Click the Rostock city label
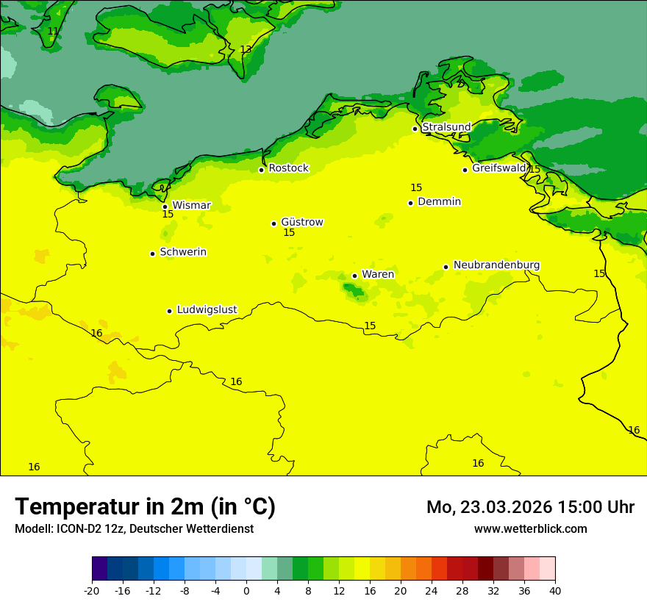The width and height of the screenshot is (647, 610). click(288, 168)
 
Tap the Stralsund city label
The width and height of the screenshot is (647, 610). click(446, 127)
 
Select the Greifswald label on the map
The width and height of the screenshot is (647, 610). click(498, 168)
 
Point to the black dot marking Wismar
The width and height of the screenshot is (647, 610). click(165, 207)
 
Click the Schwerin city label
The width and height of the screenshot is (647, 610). click(182, 252)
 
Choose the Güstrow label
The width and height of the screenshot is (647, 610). click(301, 222)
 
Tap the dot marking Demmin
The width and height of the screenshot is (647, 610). click(411, 203)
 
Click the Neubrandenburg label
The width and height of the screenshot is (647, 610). click(496, 265)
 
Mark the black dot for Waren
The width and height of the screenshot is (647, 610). click(355, 276)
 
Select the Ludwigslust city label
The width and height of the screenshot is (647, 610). click(207, 310)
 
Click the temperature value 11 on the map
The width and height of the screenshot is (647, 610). click(53, 32)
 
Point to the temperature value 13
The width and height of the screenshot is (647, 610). click(246, 50)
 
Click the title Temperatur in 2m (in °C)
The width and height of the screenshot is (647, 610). click(146, 507)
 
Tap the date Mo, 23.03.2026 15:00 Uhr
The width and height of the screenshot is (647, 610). click(530, 507)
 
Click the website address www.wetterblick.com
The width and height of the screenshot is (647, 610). click(530, 529)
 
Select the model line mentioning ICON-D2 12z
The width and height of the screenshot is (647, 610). click(134, 529)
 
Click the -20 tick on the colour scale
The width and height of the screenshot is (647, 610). click(92, 591)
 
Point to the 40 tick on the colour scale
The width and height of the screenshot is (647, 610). click(555, 591)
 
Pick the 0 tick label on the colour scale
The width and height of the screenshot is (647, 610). click(246, 591)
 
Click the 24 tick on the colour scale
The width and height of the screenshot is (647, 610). click(432, 591)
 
